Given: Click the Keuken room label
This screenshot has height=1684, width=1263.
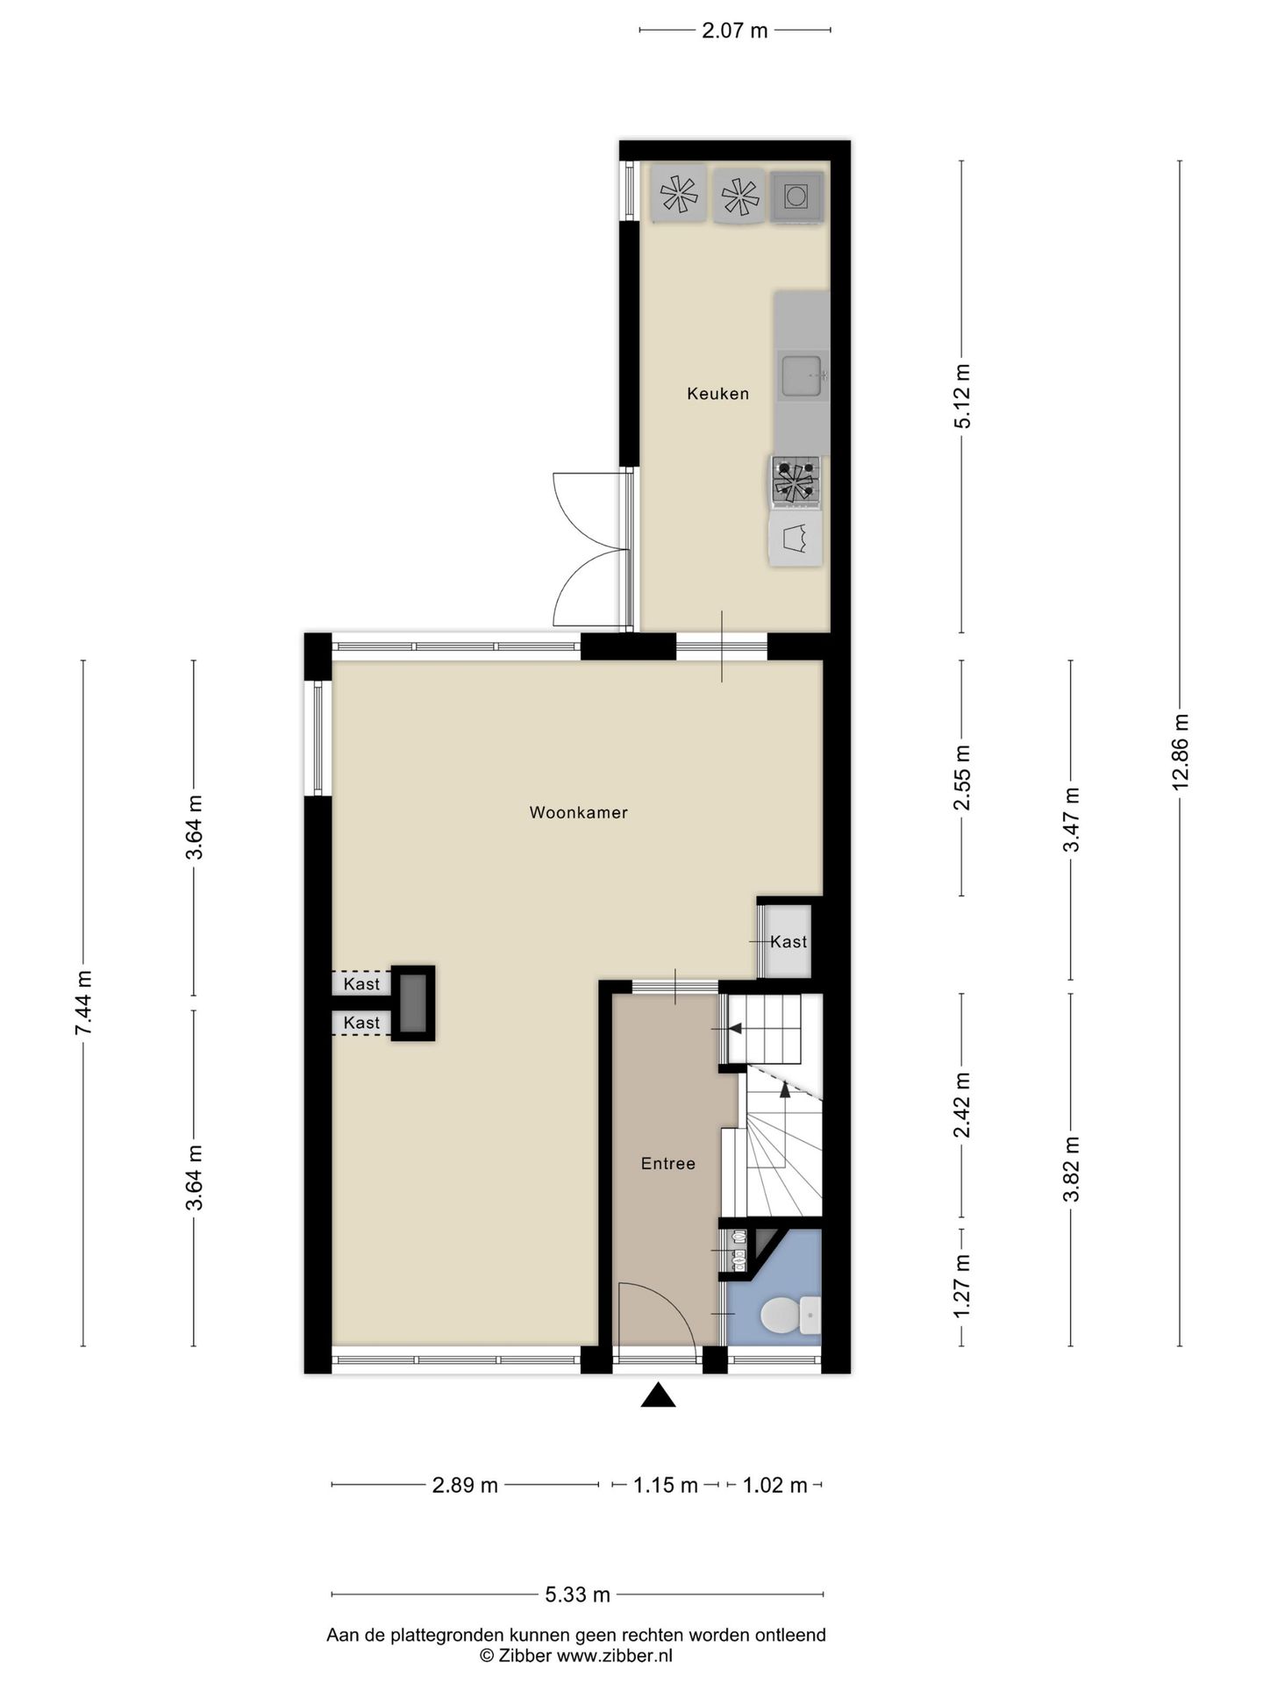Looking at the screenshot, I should [x=717, y=394].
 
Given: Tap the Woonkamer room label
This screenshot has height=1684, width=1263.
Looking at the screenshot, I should [x=578, y=812].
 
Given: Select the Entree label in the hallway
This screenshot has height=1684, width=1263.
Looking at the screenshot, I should [x=667, y=1164].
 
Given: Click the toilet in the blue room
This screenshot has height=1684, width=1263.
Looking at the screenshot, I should [x=781, y=1316].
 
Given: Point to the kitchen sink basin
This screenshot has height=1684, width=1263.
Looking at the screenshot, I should [x=803, y=375].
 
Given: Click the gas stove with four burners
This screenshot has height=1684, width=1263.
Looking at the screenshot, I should [x=796, y=482].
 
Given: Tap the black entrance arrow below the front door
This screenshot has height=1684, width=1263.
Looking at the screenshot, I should [x=658, y=1395].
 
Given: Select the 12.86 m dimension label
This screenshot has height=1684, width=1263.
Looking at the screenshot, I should [x=1181, y=752].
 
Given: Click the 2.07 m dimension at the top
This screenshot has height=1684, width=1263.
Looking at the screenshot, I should [x=734, y=31].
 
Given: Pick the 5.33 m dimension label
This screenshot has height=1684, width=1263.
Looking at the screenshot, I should [x=577, y=1595].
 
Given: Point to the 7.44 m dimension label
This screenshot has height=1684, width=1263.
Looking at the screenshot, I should [x=84, y=1003].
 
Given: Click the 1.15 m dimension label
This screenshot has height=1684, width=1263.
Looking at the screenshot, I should [x=666, y=1485].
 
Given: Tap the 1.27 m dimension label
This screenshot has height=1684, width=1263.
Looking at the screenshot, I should [x=962, y=1286].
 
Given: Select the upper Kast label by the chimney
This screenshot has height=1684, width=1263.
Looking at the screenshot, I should [x=361, y=984].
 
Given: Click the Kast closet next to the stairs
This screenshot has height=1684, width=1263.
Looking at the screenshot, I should [x=787, y=942].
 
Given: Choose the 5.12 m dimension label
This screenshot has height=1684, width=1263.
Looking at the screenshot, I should [x=962, y=407].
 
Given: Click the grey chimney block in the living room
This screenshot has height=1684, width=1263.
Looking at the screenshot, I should [x=412, y=1003].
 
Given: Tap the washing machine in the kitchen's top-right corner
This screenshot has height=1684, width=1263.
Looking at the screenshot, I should [x=796, y=196].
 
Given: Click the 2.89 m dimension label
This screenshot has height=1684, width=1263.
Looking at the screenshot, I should [x=465, y=1485].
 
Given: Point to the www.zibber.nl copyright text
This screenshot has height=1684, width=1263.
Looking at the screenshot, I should [x=576, y=1656].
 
